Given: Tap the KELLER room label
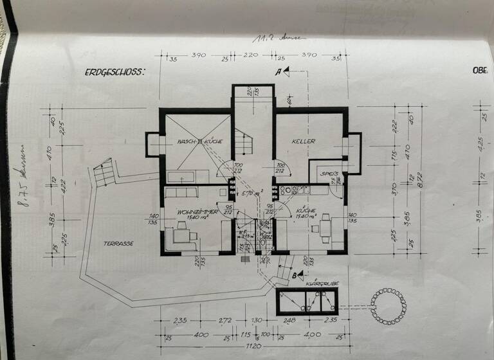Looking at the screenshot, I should coord(302,141).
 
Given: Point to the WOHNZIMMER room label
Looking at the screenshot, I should coord(199,211).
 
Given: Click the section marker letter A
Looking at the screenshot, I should coord(278,72).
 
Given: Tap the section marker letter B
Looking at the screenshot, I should coord(294,276).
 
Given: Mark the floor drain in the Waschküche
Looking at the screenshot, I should coord(200,140).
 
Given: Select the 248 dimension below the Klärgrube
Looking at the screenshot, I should coord(289,321).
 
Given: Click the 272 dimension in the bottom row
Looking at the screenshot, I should coord(225,321).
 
